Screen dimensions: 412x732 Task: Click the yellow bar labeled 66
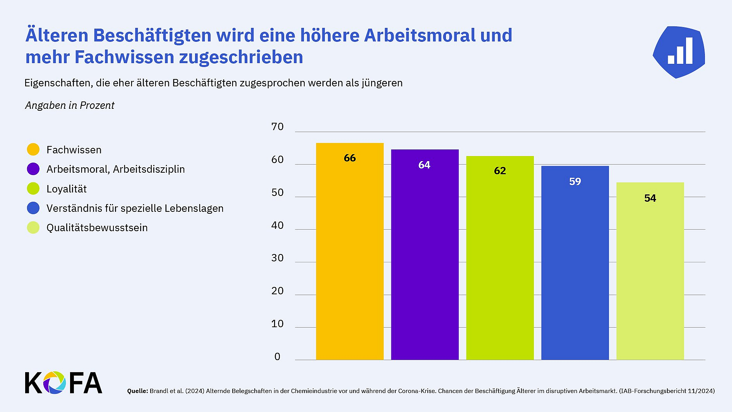(350, 252)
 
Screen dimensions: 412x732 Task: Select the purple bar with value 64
(425, 256)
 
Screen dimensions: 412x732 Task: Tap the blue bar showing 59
(575, 263)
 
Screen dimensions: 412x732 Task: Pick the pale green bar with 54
(650, 271)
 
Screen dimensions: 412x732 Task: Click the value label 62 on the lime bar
(500, 171)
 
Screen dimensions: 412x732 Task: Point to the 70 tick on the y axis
(277, 127)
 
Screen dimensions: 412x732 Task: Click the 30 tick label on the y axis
(277, 258)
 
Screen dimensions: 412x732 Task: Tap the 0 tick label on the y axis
(277, 357)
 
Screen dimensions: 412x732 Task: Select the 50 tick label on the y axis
(277, 192)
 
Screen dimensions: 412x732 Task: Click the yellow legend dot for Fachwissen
(33, 149)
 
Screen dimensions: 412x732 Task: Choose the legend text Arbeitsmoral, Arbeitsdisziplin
(115, 169)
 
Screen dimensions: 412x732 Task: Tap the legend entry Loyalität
(66, 189)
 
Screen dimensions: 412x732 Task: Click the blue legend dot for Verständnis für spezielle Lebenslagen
(33, 208)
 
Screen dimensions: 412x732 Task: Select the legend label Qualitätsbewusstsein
(97, 228)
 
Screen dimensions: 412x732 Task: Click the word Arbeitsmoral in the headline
(420, 35)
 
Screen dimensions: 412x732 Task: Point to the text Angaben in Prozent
(70, 105)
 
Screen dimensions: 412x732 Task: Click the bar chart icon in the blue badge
(680, 51)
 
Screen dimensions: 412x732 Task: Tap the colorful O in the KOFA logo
(54, 383)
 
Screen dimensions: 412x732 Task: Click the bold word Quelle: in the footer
(137, 391)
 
